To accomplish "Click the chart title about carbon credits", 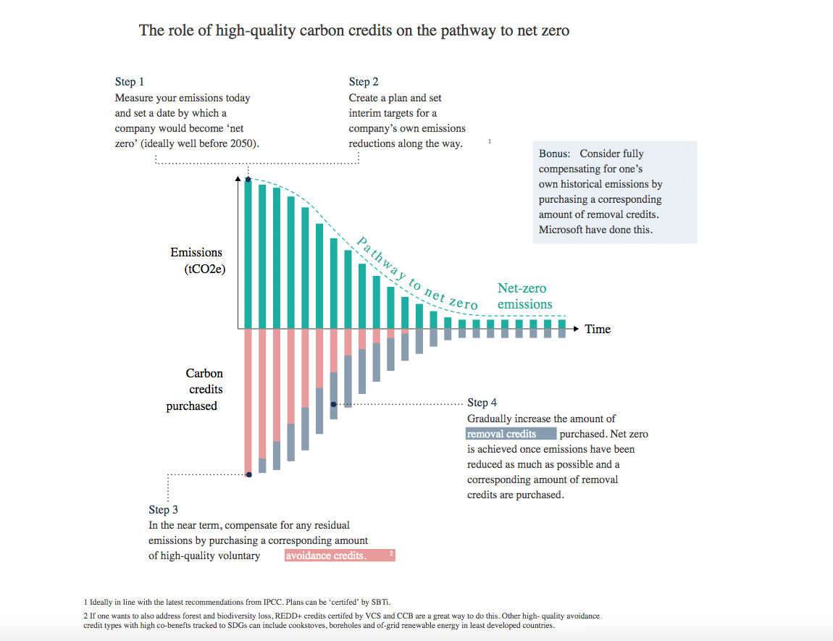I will point(354,31).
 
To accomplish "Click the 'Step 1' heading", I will point(130,82).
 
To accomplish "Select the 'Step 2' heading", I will point(364,82).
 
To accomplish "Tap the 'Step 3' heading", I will point(164,510).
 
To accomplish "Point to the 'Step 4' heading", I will point(482,403).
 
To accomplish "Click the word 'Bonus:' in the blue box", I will point(555,154).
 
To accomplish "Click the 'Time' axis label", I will point(598,329).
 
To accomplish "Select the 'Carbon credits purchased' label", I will point(196,390).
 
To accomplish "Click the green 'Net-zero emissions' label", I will point(524,296).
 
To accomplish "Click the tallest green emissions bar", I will point(248,254).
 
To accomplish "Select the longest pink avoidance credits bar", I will point(248,402).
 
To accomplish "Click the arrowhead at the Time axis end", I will point(577,329).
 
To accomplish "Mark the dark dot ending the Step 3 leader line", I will point(249,475).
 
